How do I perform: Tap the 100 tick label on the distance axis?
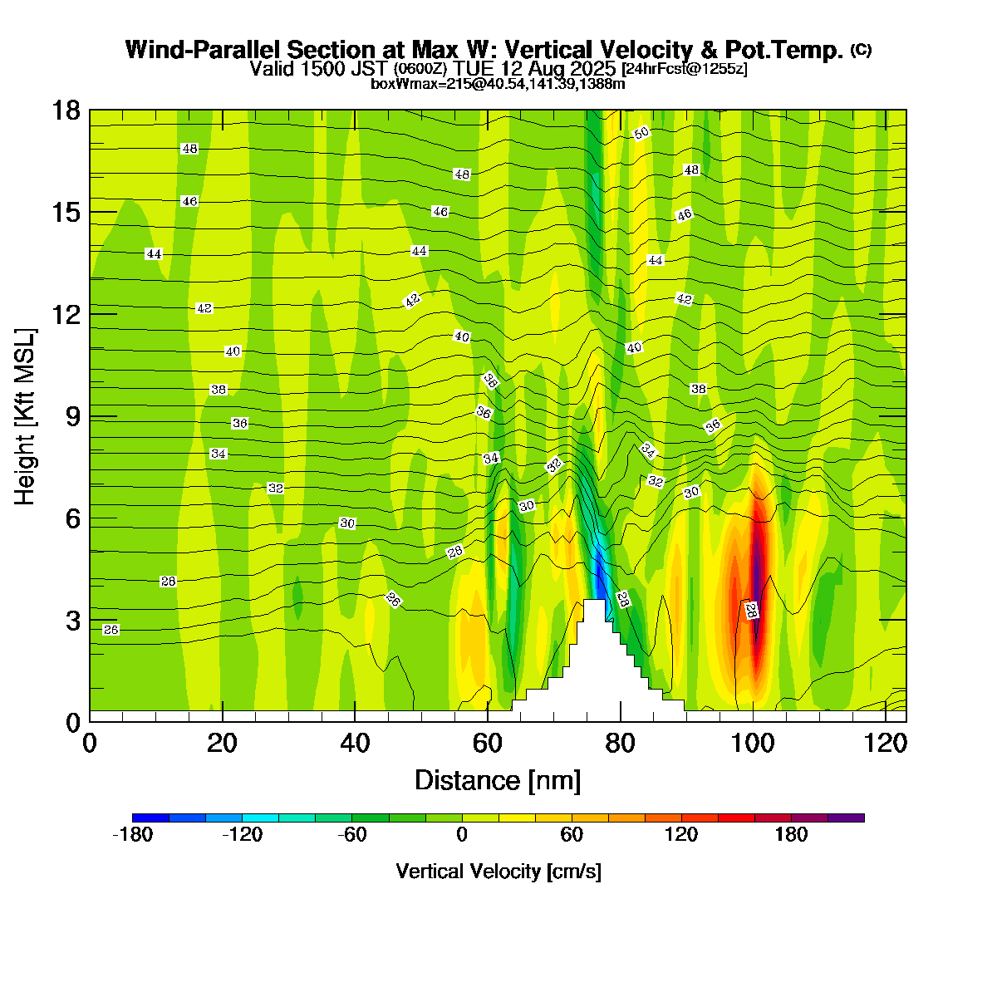pyautogui.click(x=753, y=744)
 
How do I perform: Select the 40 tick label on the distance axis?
pyautogui.click(x=355, y=744)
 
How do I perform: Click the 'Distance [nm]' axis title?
pyautogui.click(x=498, y=781)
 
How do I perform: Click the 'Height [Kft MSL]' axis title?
pyautogui.click(x=26, y=416)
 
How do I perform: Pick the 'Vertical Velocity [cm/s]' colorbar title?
pyautogui.click(x=498, y=872)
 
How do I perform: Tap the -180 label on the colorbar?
pyautogui.click(x=132, y=835)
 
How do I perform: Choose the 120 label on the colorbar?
pyautogui.click(x=681, y=835)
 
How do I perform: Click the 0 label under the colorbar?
pyautogui.click(x=462, y=835)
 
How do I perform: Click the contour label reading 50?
pyautogui.click(x=641, y=133)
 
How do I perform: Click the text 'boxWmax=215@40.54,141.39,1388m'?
pyautogui.click(x=498, y=83)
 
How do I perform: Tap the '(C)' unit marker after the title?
pyautogui.click(x=861, y=50)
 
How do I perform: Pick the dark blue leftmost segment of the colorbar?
pyautogui.click(x=150, y=818)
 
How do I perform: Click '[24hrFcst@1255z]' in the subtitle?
pyautogui.click(x=684, y=68)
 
